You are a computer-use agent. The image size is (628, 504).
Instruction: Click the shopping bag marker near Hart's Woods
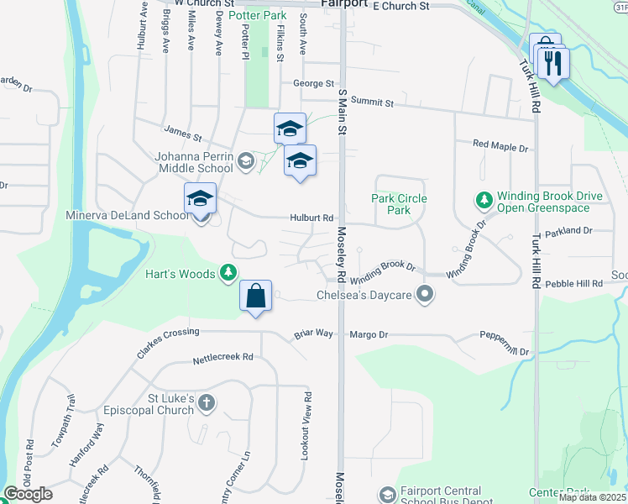tap(255, 297)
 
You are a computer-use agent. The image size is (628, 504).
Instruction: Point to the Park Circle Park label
tap(399, 204)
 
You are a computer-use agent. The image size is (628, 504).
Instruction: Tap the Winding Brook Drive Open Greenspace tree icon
tap(484, 201)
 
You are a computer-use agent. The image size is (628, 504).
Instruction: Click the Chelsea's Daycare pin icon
tap(425, 295)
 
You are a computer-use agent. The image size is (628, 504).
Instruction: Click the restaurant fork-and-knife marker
tap(554, 63)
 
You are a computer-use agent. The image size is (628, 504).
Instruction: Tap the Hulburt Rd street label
tap(314, 218)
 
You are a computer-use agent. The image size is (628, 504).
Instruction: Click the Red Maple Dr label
tap(500, 147)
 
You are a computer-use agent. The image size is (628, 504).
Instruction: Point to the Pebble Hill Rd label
tap(574, 284)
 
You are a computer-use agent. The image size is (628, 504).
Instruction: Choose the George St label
tap(314, 83)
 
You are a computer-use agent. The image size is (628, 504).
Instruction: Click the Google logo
tap(28, 494)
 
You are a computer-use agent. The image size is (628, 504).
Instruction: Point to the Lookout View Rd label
tap(307, 424)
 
